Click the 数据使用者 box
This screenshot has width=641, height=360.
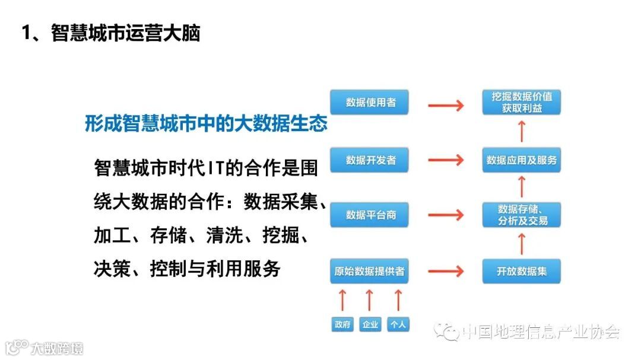click(370, 103)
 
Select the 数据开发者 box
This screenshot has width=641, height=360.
click(370, 160)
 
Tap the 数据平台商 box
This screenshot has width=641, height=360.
click(370, 215)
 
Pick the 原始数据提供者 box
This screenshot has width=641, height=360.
click(369, 271)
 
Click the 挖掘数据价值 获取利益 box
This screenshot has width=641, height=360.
click(522, 102)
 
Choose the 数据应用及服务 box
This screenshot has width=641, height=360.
click(522, 160)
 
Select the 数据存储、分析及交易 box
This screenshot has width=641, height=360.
click(522, 215)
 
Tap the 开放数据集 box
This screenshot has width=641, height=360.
click(522, 271)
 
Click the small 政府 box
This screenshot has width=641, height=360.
click(342, 324)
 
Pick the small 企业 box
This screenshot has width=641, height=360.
click(370, 324)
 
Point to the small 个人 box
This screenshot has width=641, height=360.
click(398, 324)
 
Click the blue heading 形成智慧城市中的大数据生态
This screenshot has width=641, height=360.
click(206, 124)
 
